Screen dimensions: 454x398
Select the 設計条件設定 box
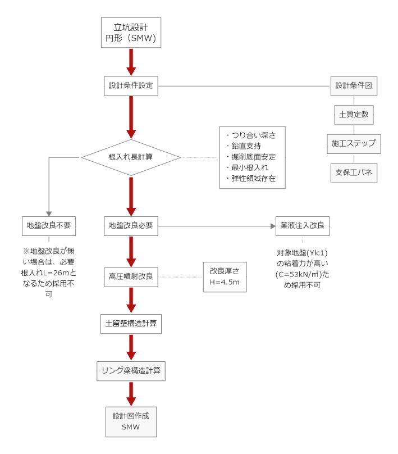[x=131, y=86]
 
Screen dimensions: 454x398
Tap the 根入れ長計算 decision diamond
[x=131, y=157]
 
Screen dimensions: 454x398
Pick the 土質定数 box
[x=354, y=115]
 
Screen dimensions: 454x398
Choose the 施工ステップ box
[x=354, y=144]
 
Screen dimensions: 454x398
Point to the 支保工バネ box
[x=354, y=172]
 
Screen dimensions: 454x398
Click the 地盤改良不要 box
[x=49, y=226]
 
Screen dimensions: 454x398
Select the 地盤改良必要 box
[x=131, y=226]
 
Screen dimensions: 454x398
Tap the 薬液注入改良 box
[x=303, y=226]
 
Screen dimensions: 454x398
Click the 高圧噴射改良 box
[x=131, y=276]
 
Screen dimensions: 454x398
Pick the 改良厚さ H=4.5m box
[x=225, y=276]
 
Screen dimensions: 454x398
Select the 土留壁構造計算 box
[x=131, y=324]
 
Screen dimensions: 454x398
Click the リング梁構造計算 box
[x=131, y=370]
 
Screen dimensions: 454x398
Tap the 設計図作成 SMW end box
[x=131, y=421]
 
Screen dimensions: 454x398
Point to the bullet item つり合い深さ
[x=254, y=135]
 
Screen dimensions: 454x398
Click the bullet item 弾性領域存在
[x=254, y=178]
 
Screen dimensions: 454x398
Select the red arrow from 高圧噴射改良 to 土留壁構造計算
[x=131, y=300]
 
